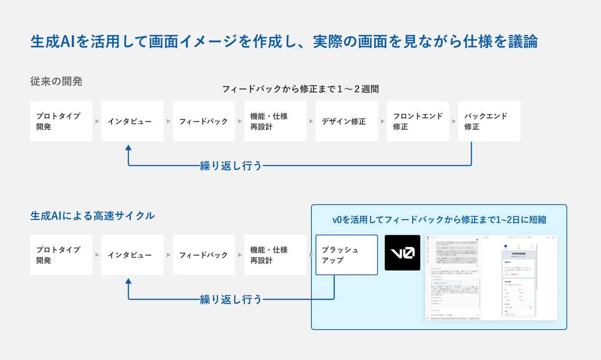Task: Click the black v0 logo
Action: click(x=402, y=253)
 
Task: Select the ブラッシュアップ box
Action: click(x=346, y=255)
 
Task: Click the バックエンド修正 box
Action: click(x=489, y=121)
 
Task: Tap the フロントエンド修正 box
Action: click(x=418, y=121)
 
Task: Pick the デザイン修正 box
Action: click(x=346, y=121)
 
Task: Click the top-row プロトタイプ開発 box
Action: click(x=61, y=121)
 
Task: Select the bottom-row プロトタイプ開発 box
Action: click(x=61, y=255)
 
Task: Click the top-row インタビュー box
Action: click(x=132, y=121)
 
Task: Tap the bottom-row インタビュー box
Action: click(x=132, y=255)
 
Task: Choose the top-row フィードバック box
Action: click(x=204, y=121)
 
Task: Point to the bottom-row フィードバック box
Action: click(x=204, y=255)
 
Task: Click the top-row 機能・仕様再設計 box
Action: click(x=275, y=121)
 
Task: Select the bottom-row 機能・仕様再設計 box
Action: click(x=275, y=255)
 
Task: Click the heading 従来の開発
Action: click(x=56, y=81)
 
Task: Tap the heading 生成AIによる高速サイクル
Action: click(x=93, y=216)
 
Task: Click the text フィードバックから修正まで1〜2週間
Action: click(x=300, y=89)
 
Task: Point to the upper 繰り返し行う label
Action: click(x=231, y=166)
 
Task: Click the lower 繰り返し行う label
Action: click(x=231, y=300)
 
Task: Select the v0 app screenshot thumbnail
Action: click(x=491, y=278)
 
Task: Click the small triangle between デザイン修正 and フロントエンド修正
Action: click(x=382, y=121)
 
